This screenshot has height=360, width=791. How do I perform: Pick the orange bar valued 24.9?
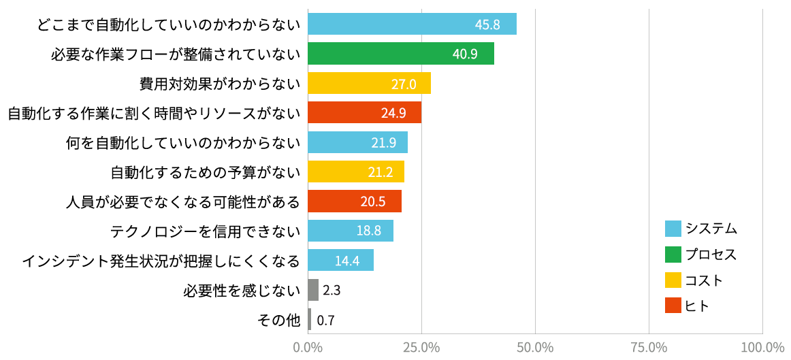364,112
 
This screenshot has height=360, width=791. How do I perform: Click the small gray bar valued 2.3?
313,290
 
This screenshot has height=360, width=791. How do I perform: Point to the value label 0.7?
325,320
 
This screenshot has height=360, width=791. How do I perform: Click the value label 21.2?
381,171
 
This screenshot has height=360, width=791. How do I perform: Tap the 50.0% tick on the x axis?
535,348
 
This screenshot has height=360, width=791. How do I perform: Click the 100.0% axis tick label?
762,348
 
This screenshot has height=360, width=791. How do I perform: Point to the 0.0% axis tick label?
308,348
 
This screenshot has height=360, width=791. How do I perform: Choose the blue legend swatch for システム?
673,229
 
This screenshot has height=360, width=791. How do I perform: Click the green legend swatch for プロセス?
673,255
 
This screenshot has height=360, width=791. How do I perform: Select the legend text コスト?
704,280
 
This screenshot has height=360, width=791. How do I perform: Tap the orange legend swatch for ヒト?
673,306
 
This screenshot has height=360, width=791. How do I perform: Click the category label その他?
279,320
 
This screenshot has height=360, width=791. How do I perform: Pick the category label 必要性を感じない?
242,291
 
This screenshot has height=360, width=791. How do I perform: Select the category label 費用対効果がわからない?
220,84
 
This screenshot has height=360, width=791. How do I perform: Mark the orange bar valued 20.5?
354,201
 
